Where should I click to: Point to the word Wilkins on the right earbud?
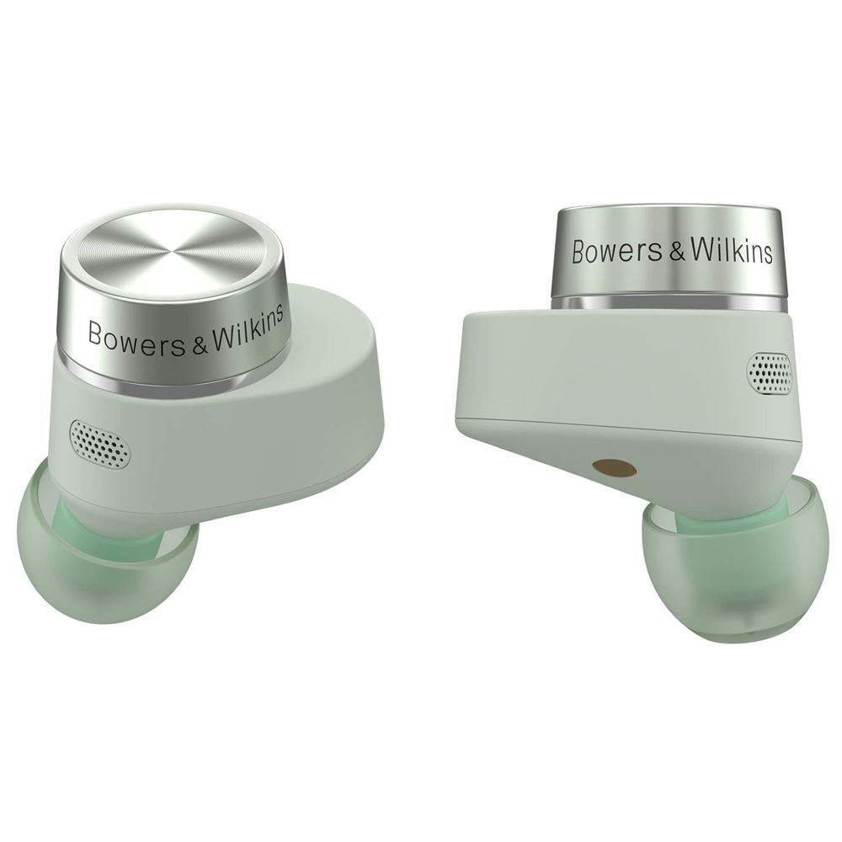(732, 249)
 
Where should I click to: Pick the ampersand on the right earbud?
(677, 252)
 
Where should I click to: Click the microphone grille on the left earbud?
(99, 443)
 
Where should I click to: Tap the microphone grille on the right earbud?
(770, 372)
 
